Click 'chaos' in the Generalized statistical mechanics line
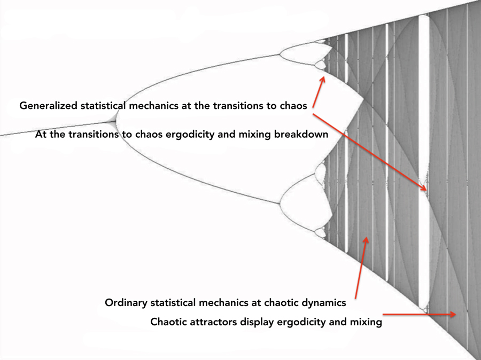[x=293, y=106]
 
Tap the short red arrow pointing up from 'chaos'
[x=318, y=91]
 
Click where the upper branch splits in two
[x=280, y=54]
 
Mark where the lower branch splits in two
[x=280, y=203]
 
